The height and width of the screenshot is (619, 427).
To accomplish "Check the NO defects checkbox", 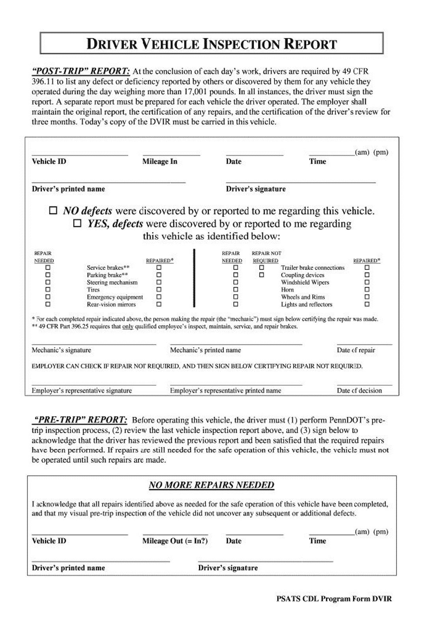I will tap(53, 210).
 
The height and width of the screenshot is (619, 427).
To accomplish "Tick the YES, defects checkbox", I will tap(77, 223).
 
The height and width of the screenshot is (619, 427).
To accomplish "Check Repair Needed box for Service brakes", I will tap(48, 268).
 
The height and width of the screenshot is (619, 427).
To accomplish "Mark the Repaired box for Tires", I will tap(159, 290).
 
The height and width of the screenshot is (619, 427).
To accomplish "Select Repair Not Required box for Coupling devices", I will tap(261, 275).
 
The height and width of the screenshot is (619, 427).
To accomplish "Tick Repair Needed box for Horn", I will tap(236, 290).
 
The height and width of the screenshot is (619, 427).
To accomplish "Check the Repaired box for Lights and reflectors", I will tap(367, 304).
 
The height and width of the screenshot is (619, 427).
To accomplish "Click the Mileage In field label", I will tap(160, 162).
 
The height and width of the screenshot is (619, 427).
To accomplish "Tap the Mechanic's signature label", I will tap(61, 350).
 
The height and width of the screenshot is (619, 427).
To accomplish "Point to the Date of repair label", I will tap(356, 350).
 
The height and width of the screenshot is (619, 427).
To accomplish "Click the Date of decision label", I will tap(359, 391).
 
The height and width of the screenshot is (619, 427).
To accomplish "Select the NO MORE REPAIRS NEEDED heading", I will tap(211, 485).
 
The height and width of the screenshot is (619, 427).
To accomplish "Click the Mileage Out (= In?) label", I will tap(175, 541).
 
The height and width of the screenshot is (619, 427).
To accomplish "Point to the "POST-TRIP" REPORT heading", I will tap(81, 71).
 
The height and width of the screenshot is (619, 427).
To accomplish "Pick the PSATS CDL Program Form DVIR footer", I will tap(334, 599).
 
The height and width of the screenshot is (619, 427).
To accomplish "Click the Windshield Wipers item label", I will tap(305, 283).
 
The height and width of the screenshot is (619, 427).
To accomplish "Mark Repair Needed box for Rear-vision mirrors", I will tap(48, 304).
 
